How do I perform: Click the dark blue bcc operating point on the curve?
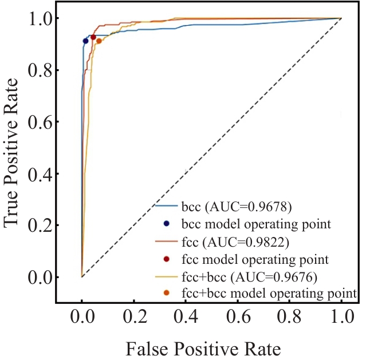(x=85, y=41)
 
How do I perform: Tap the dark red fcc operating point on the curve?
(x=93, y=37)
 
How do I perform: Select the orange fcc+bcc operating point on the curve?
(x=99, y=41)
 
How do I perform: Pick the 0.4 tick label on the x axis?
(x=186, y=317)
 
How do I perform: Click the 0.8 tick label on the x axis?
(x=290, y=317)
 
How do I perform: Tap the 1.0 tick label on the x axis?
(x=341, y=317)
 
